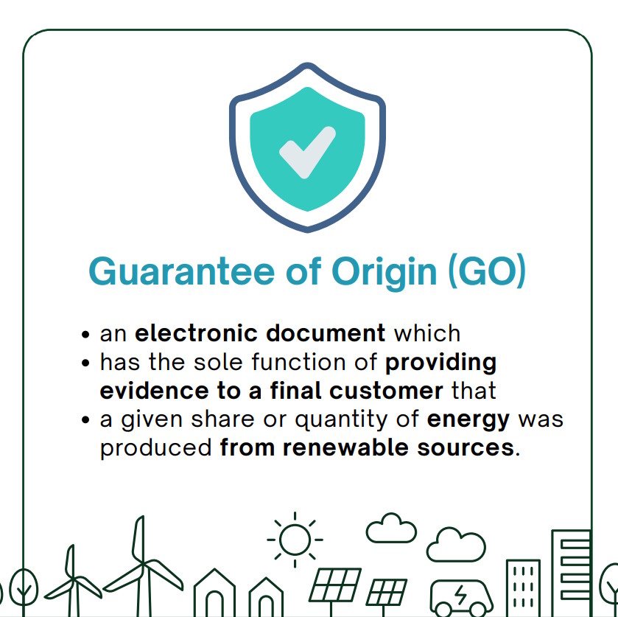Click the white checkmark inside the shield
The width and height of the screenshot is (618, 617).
307,153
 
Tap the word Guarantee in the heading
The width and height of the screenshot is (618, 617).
181,271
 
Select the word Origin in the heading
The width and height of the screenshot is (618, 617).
385,273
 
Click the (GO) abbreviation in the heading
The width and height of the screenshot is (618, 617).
487,271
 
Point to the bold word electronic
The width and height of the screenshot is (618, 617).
196,333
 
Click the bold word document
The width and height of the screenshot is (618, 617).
326,333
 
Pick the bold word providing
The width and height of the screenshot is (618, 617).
440,363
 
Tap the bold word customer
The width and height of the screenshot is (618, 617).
386,391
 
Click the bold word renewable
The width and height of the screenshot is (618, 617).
345,447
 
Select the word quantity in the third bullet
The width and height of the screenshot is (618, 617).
341,420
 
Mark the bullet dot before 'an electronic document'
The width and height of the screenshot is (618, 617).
85,335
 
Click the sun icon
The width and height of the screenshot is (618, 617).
295,540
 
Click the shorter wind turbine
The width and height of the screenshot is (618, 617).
73,581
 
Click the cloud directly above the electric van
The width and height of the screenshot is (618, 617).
456,545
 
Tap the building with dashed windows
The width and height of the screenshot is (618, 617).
523,588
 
